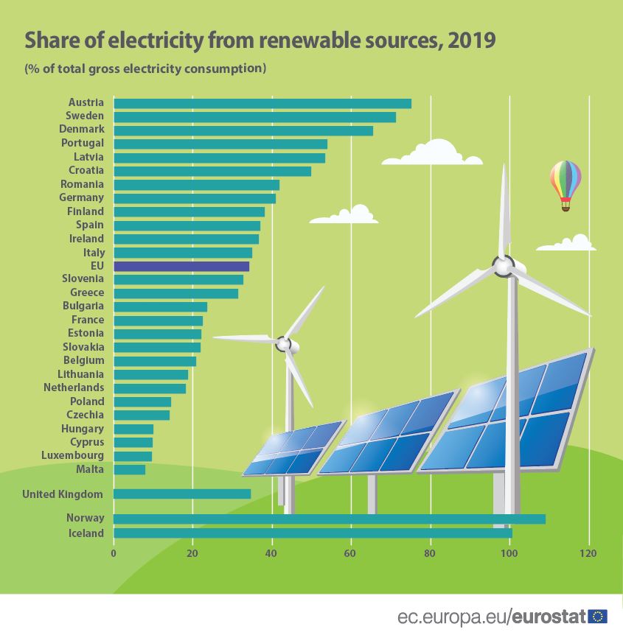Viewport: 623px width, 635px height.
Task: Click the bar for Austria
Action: (262, 103)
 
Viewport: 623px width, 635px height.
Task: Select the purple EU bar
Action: (181, 266)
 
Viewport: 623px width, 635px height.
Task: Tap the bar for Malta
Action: (130, 469)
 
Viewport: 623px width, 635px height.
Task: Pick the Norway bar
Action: (329, 519)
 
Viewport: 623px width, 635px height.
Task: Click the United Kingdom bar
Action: (182, 494)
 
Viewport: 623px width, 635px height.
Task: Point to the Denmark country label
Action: (81, 129)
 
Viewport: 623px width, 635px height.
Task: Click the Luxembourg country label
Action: (73, 455)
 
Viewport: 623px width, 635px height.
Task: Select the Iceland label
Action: (86, 533)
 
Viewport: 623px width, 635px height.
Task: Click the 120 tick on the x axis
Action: (588, 552)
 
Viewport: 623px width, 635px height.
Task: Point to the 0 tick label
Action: (114, 552)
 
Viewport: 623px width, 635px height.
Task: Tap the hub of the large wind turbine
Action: (504, 265)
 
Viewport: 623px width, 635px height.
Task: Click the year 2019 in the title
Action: (472, 41)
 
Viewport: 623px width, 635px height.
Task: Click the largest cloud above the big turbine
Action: (433, 153)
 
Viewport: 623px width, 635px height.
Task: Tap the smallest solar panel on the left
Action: (293, 449)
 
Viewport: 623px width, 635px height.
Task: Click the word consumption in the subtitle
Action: (229, 69)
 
